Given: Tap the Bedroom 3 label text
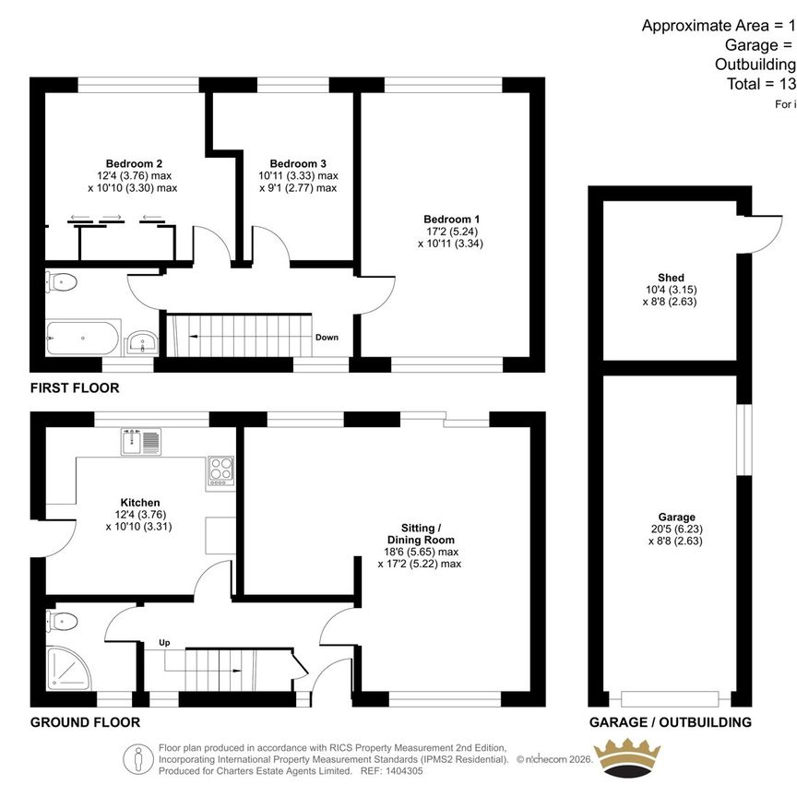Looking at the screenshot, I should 298,163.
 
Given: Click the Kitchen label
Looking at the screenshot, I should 139,503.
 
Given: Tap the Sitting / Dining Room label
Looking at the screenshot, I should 421,533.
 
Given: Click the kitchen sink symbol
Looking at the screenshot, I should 141,441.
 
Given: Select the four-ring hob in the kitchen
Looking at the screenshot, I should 221,470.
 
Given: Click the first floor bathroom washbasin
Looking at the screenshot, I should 142,343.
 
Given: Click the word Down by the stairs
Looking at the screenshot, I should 327,338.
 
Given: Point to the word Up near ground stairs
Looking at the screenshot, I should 166,642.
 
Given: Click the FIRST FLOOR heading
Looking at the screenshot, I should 74,388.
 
